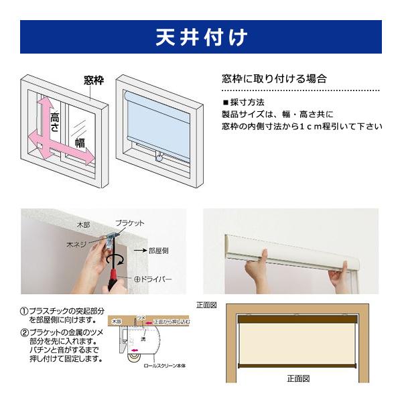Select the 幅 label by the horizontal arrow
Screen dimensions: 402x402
tap(80, 143)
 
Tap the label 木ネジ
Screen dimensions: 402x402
tap(76, 246)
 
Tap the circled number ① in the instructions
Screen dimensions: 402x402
tap(24, 312)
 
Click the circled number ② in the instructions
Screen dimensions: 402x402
tap(24, 333)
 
